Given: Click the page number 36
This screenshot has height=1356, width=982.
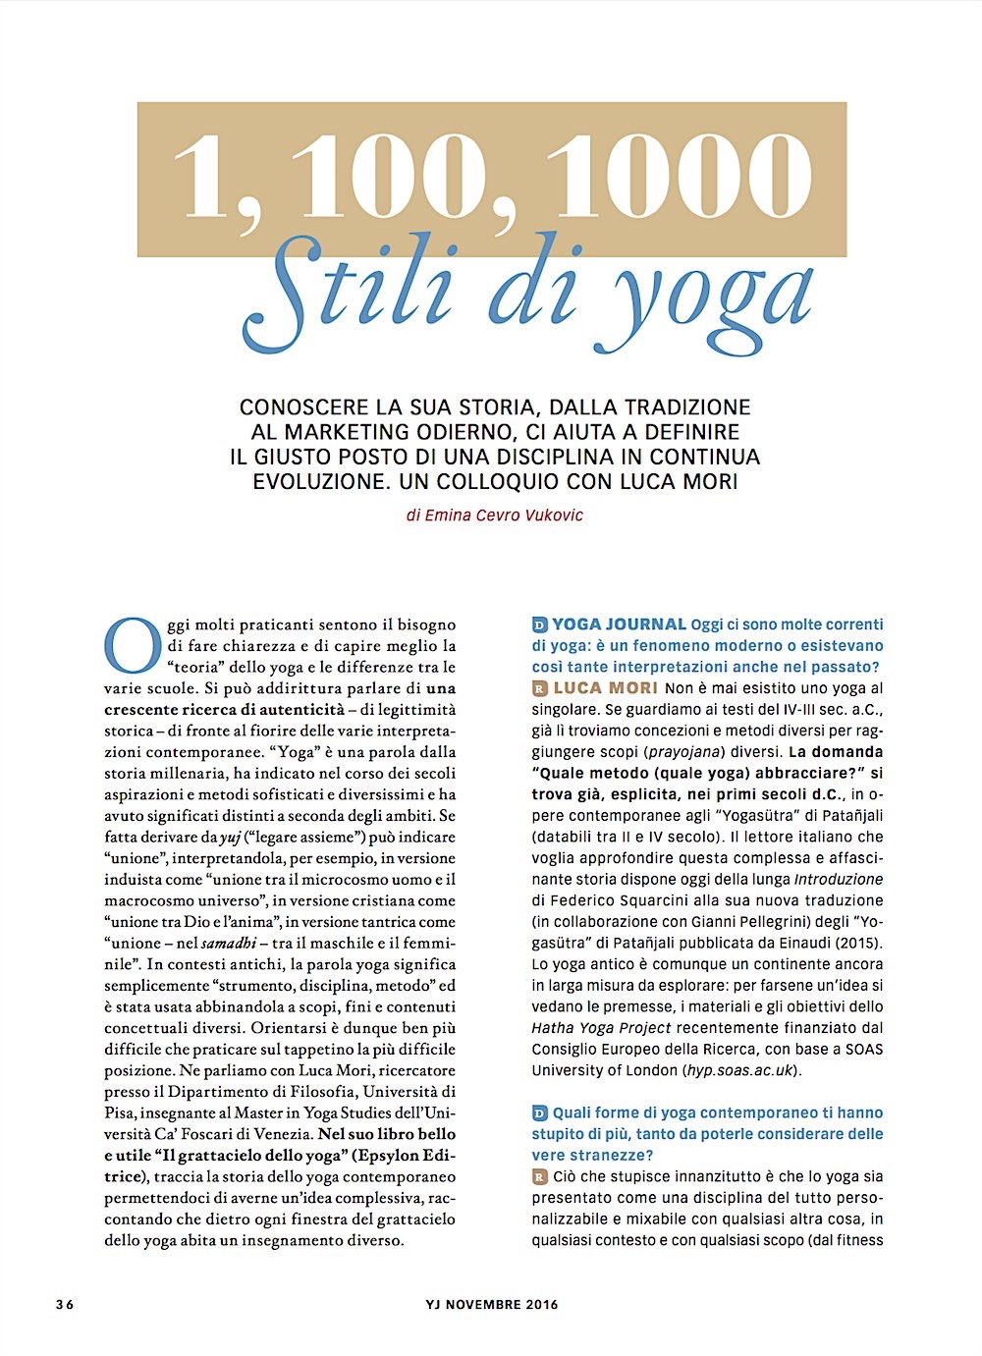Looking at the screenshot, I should [x=65, y=1305].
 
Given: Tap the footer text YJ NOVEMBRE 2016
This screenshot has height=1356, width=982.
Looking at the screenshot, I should [x=492, y=1305].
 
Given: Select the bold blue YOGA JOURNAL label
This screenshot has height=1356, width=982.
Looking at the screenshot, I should [x=619, y=624].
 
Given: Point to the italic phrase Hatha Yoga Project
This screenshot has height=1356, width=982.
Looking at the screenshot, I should [x=601, y=1028].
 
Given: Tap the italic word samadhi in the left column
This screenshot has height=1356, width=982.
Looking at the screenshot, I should [x=227, y=943].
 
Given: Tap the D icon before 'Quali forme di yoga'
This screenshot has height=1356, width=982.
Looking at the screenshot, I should [x=539, y=1113].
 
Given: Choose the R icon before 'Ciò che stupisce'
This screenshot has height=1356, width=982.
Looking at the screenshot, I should [x=539, y=1177].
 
